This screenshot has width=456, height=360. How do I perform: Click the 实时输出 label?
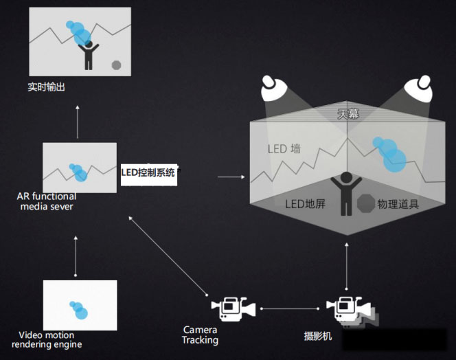click(x=47, y=87)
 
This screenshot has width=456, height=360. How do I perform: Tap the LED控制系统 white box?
click(x=149, y=175)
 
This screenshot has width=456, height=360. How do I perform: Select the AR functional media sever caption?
click(x=47, y=201)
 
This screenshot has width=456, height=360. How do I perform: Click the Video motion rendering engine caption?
click(x=47, y=339)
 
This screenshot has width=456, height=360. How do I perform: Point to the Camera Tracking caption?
click(x=200, y=335)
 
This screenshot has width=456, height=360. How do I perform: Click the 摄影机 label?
click(x=318, y=336)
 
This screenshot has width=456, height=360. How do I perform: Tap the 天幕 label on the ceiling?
click(x=348, y=114)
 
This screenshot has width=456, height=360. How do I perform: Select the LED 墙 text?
click(x=284, y=149)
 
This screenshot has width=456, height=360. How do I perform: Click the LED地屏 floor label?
click(x=305, y=204)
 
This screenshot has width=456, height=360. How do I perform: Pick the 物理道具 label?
click(x=398, y=204)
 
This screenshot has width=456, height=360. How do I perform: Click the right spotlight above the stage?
click(x=418, y=89)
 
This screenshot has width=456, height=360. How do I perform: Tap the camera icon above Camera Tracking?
click(x=233, y=308)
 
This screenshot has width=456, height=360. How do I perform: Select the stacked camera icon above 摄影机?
click(x=352, y=311)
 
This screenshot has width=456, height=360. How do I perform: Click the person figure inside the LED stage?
click(x=346, y=194)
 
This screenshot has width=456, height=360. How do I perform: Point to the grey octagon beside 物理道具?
click(x=366, y=203)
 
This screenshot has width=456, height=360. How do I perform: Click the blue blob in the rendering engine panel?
click(x=78, y=310)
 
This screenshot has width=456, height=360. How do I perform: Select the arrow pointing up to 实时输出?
click(x=78, y=122)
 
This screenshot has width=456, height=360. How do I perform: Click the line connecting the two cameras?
click(x=290, y=308)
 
